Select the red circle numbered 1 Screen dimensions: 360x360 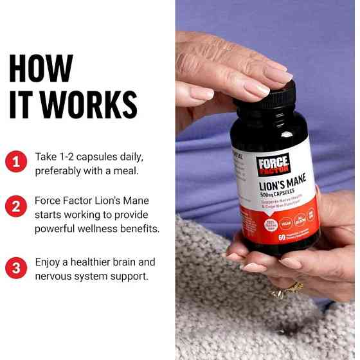pos(15,161)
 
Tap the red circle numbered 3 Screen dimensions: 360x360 pos(15,267)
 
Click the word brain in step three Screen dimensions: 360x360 pos(120,262)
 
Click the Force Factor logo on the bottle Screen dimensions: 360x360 pos(273,165)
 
